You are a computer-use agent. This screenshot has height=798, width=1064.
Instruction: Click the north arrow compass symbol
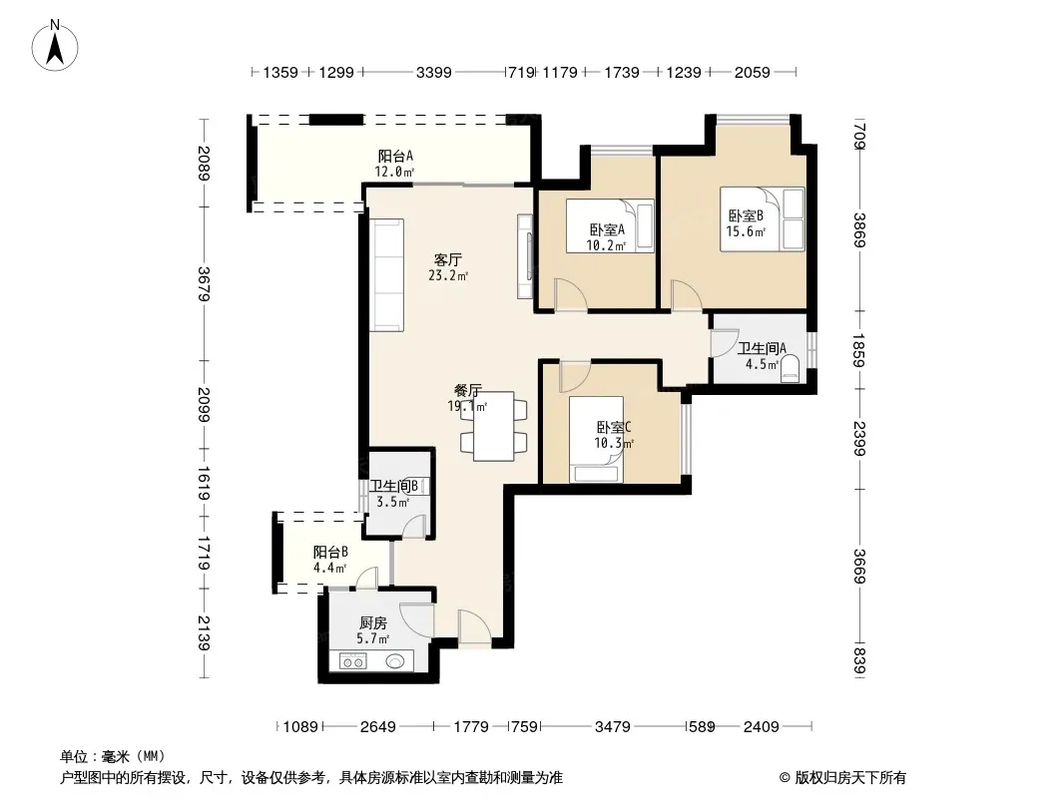(x=55, y=46)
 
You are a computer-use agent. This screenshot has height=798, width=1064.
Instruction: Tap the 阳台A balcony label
(x=395, y=156)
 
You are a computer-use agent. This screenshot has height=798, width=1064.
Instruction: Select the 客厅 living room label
(x=448, y=259)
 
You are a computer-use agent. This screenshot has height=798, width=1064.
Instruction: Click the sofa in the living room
(x=387, y=274)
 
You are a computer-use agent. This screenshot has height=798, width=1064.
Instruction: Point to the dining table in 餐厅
(x=493, y=427)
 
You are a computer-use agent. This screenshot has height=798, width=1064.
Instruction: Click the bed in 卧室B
(x=762, y=219)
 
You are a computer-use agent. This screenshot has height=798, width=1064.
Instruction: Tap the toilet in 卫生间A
(x=790, y=370)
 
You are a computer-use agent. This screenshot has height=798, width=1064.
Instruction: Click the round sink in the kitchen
(x=395, y=660)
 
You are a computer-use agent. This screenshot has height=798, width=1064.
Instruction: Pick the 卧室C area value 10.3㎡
(x=614, y=444)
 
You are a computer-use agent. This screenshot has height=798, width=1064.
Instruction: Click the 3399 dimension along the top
(x=433, y=72)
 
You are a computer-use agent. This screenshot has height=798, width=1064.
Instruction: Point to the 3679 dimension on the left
(x=204, y=284)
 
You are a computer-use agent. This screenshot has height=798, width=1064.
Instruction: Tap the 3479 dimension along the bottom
(x=612, y=727)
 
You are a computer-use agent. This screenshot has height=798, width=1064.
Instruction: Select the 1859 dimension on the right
(x=858, y=350)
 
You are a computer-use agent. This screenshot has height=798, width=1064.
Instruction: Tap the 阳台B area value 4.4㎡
(x=330, y=568)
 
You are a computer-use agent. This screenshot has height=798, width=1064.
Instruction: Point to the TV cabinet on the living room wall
(x=525, y=256)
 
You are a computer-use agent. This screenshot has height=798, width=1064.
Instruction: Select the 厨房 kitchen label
(x=373, y=622)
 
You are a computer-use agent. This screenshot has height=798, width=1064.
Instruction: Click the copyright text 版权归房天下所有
(x=850, y=778)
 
